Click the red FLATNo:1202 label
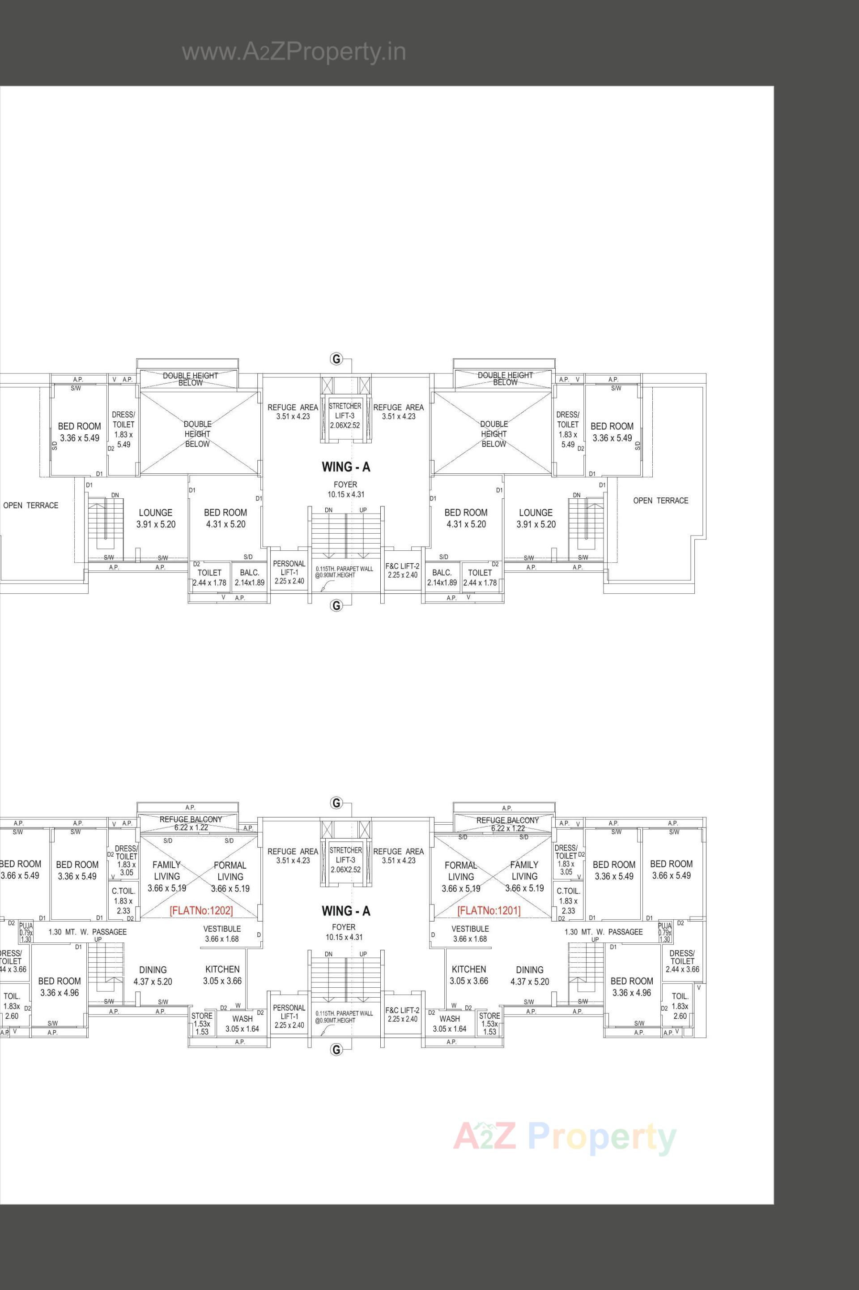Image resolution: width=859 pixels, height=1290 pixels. pos(201,911)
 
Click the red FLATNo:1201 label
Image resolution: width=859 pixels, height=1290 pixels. pos(489,911)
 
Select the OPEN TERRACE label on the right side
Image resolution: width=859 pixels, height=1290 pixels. pos(660,501)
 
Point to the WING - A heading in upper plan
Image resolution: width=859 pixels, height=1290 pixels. pos(346,467)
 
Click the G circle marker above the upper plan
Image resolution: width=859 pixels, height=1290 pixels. pos(336,360)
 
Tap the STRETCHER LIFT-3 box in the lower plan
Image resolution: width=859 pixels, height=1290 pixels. pos(346,860)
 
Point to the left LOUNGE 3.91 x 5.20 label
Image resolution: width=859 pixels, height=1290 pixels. pos(156,518)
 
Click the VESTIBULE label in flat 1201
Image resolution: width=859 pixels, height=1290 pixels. pos(470,934)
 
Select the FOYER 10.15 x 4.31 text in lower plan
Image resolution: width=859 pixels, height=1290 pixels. pos(344,932)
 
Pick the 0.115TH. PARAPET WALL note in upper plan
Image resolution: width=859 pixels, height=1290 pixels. pos(344,572)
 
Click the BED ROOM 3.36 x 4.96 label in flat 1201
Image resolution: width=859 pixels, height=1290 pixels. pos(632,987)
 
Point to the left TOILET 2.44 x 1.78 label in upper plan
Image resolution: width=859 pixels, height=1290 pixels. pos(209,577)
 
